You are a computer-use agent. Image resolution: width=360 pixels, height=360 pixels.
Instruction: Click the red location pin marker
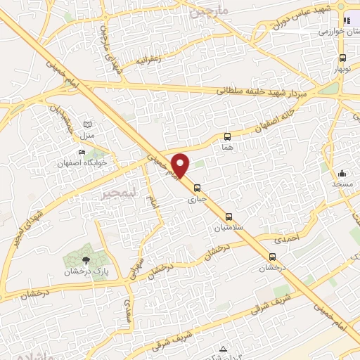pos(181,165)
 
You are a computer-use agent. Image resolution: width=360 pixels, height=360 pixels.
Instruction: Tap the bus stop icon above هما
pos(227,137)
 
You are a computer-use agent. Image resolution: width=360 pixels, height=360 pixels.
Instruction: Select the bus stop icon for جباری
pos(198,188)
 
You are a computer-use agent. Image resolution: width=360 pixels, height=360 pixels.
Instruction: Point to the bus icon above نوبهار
pos(342,58)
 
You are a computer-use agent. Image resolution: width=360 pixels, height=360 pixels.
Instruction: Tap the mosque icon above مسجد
pos(342,173)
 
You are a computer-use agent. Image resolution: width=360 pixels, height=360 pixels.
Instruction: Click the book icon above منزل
pos(88,124)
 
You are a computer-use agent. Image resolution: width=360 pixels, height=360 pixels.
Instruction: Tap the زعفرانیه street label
pos(150,60)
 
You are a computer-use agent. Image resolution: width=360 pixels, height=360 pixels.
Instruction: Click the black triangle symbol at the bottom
pos(223,349)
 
